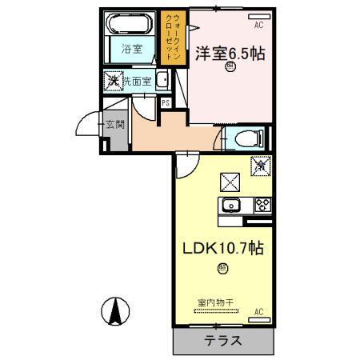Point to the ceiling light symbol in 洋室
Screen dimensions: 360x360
pos(230,70)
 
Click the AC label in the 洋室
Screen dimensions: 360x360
pos(258,25)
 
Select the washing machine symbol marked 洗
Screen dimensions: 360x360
pos(115,80)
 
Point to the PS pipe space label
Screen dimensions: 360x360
pos(165,103)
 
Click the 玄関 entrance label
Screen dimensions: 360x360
pos(114,125)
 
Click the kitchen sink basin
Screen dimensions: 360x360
pos(230,205)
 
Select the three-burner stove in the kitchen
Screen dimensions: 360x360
pos(262,205)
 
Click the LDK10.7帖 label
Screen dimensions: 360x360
pos(220,249)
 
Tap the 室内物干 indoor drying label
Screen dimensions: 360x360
pos(215,302)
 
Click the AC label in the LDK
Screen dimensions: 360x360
pos(258,310)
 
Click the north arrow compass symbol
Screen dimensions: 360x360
pos(117,310)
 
